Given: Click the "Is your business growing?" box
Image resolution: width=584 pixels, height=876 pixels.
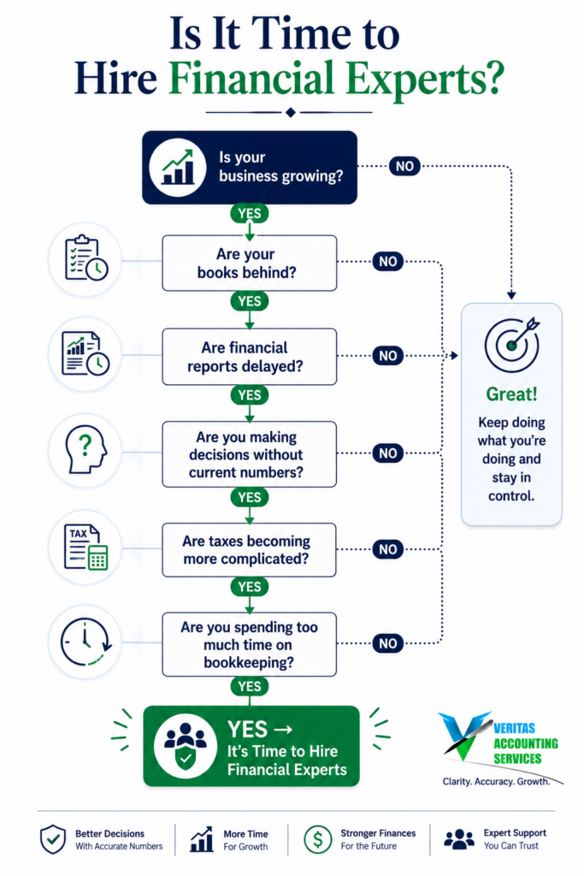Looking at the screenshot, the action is pyautogui.click(x=250, y=167).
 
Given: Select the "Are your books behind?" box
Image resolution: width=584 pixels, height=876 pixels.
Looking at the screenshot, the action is pyautogui.click(x=250, y=263).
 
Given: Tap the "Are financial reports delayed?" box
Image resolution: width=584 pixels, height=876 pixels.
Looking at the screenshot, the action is pyautogui.click(x=250, y=357).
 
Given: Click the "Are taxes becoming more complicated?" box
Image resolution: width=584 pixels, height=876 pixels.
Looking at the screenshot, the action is pyautogui.click(x=250, y=550).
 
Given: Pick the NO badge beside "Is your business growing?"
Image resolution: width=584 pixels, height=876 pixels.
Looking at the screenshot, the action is pyautogui.click(x=404, y=166).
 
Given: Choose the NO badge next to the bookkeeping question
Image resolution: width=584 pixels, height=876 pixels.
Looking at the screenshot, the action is pyautogui.click(x=388, y=643).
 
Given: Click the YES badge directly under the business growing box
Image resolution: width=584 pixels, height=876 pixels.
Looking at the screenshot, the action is pyautogui.click(x=250, y=213).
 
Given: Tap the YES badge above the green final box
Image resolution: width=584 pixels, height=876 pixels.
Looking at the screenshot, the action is pyautogui.click(x=250, y=687).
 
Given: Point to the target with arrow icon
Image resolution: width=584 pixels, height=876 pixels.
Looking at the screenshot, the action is pyautogui.click(x=512, y=344).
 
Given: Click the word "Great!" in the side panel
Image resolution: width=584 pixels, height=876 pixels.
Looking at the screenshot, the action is pyautogui.click(x=511, y=394).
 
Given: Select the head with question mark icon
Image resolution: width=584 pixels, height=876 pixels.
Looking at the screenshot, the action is pyautogui.click(x=86, y=450).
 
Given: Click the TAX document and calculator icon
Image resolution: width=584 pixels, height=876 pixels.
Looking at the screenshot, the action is pyautogui.click(x=86, y=547).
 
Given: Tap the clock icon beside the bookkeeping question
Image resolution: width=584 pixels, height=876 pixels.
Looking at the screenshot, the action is pyautogui.click(x=86, y=642).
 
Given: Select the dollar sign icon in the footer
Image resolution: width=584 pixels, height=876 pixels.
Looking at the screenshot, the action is pyautogui.click(x=318, y=839).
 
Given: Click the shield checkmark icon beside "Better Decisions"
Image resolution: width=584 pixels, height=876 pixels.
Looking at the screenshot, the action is pyautogui.click(x=53, y=839).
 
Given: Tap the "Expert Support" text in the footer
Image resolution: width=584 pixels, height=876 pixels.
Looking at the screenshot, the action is pyautogui.click(x=515, y=832).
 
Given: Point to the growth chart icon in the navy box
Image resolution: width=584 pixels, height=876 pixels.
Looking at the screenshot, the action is pyautogui.click(x=178, y=167).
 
